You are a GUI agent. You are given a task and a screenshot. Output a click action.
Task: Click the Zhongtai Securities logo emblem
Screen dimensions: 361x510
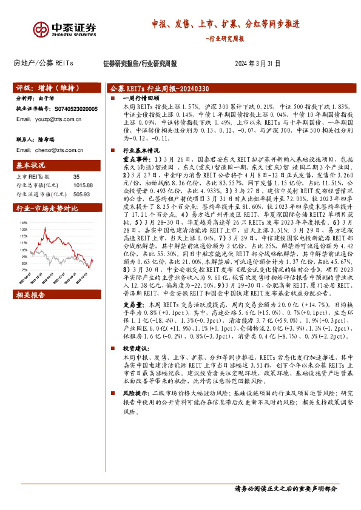(42, 28)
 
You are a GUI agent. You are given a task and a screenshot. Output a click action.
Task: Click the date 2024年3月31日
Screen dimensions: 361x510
(257, 63)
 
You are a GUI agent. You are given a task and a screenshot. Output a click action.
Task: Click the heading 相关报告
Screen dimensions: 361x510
(30, 294)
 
